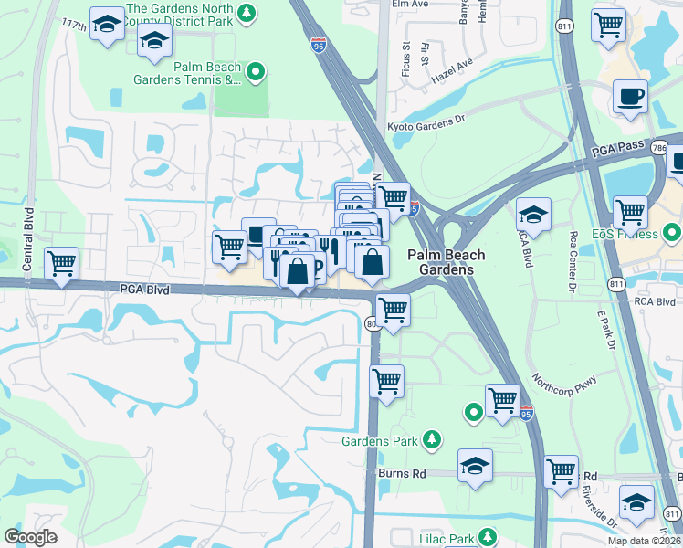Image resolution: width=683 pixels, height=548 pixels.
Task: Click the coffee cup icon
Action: (629, 96)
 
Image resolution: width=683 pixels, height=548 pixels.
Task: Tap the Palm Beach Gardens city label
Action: (446, 262)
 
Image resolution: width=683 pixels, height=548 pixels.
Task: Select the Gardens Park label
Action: (380, 442)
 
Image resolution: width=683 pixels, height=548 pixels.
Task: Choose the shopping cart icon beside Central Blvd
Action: (62, 265)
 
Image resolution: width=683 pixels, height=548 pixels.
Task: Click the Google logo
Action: (30, 537)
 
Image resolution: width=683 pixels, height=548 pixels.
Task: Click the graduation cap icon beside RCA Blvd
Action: (533, 216)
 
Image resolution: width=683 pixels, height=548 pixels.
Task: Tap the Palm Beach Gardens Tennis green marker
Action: (257, 71)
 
